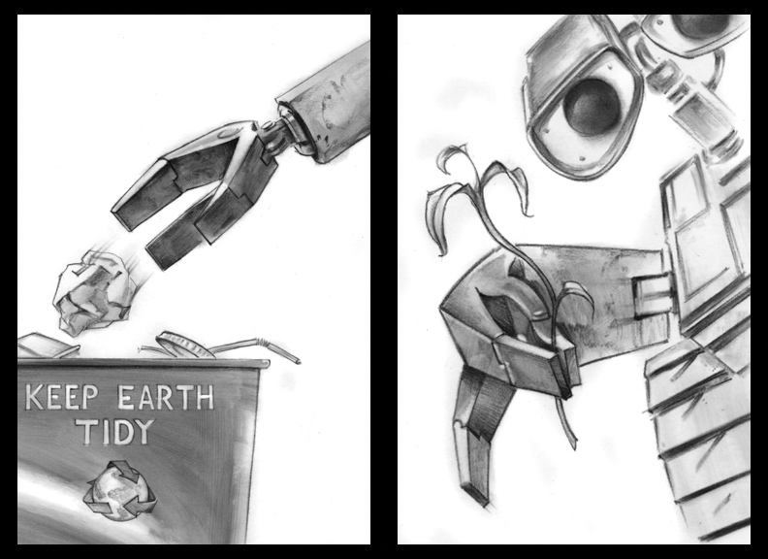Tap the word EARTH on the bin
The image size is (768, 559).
(166, 397)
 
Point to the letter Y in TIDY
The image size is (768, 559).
(144, 432)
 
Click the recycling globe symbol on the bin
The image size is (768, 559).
(120, 490)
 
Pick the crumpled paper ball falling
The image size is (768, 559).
(93, 293)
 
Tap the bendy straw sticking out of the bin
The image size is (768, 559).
(255, 346)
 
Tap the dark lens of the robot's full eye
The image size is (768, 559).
(592, 107)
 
